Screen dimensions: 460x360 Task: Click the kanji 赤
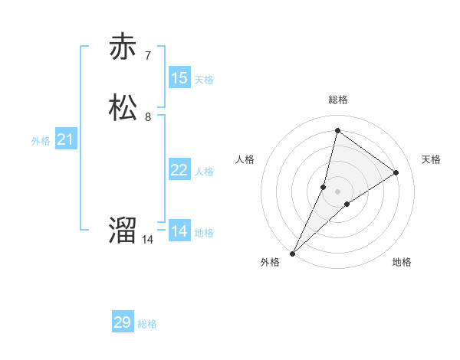[123, 47]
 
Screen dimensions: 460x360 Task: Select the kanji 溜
[123, 230]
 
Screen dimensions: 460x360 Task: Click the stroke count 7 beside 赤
[148, 56]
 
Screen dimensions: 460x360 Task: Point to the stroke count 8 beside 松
[148, 117]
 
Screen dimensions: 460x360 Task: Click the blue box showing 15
[179, 78]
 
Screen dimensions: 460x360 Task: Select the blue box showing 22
[179, 170]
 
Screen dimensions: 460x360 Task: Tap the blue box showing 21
[66, 139]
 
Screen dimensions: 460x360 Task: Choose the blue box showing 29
[123, 322]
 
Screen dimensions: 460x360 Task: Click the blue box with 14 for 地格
[179, 231]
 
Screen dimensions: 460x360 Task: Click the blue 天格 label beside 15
[204, 80]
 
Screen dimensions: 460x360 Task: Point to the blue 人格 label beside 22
[204, 172]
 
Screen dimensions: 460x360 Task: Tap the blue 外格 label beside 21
[41, 141]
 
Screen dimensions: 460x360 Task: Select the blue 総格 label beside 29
[147, 324]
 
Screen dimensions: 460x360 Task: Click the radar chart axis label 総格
[338, 100]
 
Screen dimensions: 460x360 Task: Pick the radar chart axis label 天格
[431, 159]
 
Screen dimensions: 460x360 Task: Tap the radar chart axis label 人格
[245, 159]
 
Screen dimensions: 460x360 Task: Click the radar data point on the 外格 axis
[292, 253]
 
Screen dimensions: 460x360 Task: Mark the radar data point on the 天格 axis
[396, 172]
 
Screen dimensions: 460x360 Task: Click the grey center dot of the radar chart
[338, 191]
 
